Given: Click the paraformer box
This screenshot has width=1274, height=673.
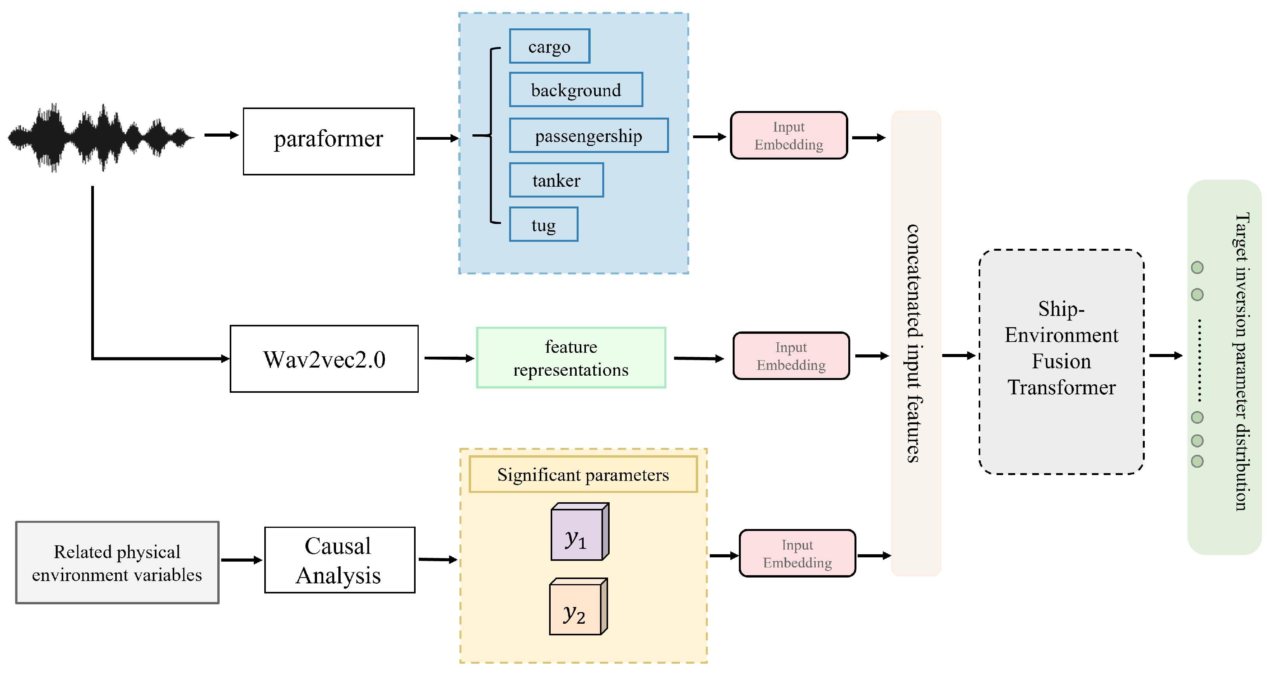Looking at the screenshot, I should (x=328, y=141).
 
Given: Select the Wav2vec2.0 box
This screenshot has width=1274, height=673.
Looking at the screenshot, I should (x=324, y=359).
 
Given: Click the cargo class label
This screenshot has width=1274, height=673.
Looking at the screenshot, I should (x=549, y=47).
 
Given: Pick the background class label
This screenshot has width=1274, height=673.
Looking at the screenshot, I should (x=575, y=90).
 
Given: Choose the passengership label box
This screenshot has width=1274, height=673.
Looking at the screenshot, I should (x=589, y=135).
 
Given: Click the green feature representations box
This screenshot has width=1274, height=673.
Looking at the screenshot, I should (x=571, y=357).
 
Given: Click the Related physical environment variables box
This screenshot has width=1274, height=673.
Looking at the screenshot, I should (x=117, y=562).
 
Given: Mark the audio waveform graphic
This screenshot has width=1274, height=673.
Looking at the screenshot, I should (x=99, y=137).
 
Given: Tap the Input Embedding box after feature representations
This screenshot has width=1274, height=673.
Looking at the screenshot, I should (x=791, y=356).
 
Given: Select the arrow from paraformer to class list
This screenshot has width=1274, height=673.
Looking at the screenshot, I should (x=437, y=139).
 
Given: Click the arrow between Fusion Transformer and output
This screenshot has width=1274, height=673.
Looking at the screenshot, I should (x=1165, y=356).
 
